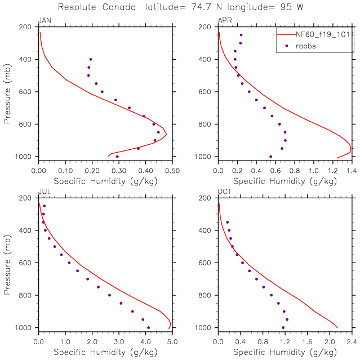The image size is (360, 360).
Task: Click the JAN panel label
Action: tap(43, 21)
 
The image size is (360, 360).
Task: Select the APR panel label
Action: tap(224, 21)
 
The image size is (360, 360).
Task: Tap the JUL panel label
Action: tap(43, 192)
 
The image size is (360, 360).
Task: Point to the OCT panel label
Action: tap(224, 192)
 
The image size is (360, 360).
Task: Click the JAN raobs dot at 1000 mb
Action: tap(117, 156)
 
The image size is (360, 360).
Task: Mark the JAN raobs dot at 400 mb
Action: tap(90, 59)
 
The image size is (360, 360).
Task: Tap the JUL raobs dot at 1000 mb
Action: tap(148, 327)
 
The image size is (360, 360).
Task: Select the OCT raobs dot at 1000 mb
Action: tap(283, 327)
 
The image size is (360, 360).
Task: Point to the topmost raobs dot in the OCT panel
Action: tap(228, 222)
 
